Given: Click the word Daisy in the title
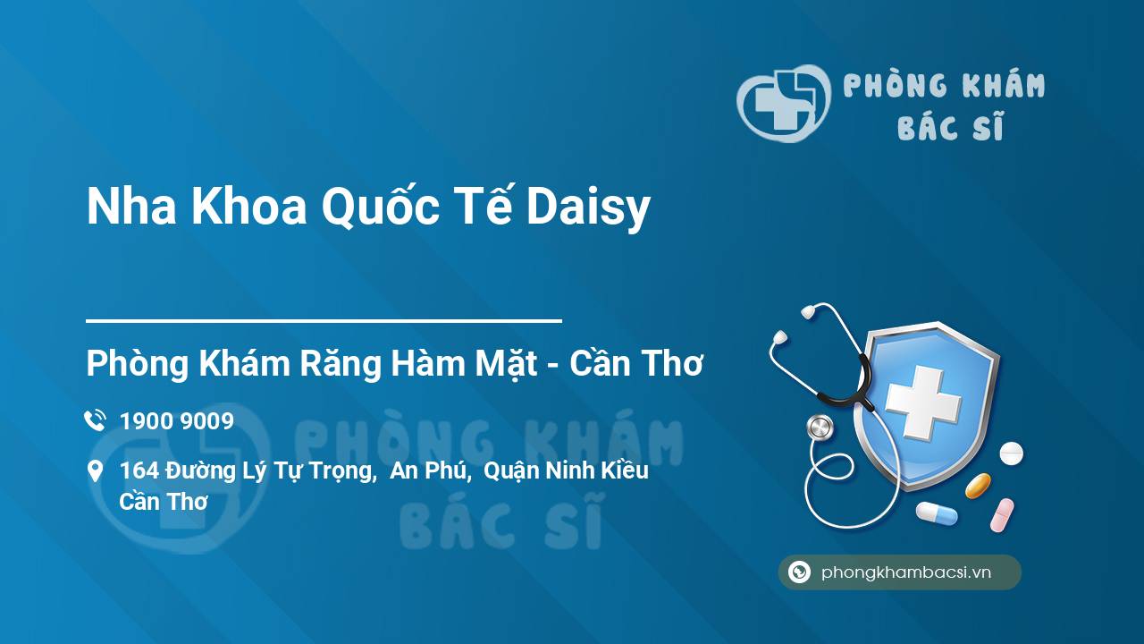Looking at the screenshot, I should pyautogui.click(x=588, y=208).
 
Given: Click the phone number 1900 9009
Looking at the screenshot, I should pyautogui.click(x=177, y=421).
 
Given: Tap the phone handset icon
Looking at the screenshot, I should pyautogui.click(x=95, y=421).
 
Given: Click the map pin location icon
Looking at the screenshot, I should pyautogui.click(x=95, y=471).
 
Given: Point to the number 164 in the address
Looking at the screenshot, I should pyautogui.click(x=139, y=470).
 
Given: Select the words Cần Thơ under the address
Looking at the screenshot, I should pyautogui.click(x=164, y=501).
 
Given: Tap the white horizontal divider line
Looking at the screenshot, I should pyautogui.click(x=324, y=320).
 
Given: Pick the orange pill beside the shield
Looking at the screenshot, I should pyautogui.click(x=978, y=486).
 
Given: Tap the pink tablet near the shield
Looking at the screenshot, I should pyautogui.click(x=1002, y=515).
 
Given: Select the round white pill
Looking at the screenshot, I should pyautogui.click(x=1011, y=453).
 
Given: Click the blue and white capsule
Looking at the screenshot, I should pyautogui.click(x=936, y=513).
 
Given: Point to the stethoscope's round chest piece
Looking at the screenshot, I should pyautogui.click(x=820, y=428).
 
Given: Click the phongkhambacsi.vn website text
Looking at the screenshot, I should pyautogui.click(x=906, y=572).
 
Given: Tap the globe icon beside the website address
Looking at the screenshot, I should pyautogui.click(x=800, y=572).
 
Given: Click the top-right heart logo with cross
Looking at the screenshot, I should pyautogui.click(x=782, y=103).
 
